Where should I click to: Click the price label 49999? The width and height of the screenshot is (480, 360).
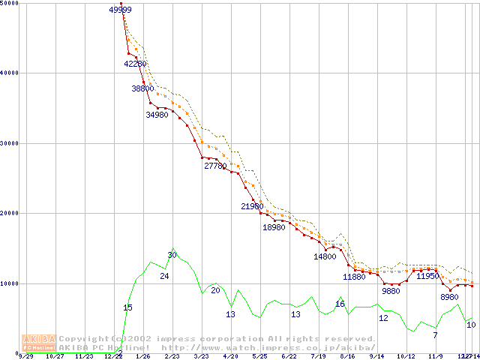[121, 10]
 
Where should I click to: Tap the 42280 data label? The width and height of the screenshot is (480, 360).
[136, 64]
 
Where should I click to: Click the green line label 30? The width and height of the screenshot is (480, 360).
[172, 255]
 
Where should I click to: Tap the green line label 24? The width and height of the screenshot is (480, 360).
[164, 277]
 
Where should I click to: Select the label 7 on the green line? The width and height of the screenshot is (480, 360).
[435, 334]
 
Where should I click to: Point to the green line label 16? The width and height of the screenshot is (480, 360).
[340, 304]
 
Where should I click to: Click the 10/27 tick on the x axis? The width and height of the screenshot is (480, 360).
[55, 357]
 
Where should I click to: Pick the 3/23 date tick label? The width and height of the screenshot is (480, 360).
[201, 357]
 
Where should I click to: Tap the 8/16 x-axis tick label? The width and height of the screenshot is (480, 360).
[347, 357]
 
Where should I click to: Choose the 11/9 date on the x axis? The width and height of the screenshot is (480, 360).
[435, 357]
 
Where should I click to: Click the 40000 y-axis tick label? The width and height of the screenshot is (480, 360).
[10, 73]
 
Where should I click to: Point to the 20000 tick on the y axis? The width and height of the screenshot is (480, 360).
[10, 214]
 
